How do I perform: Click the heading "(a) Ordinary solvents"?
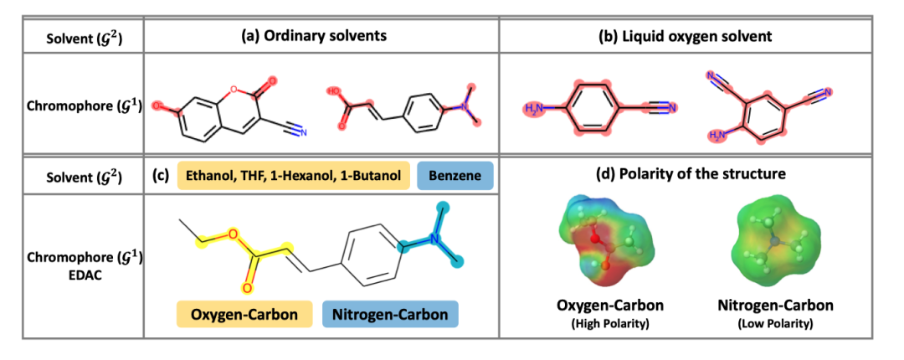(321, 36)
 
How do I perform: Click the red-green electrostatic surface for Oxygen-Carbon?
(595, 239)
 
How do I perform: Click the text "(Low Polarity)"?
(776, 322)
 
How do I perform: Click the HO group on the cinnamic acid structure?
(335, 91)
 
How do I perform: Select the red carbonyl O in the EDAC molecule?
(247, 289)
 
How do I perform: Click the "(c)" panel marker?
(162, 176)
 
